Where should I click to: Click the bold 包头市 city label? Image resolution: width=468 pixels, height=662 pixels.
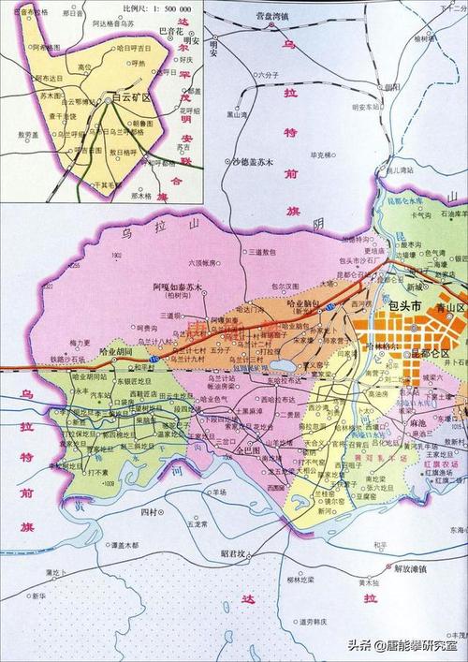pyautogui.click(x=405, y=306)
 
